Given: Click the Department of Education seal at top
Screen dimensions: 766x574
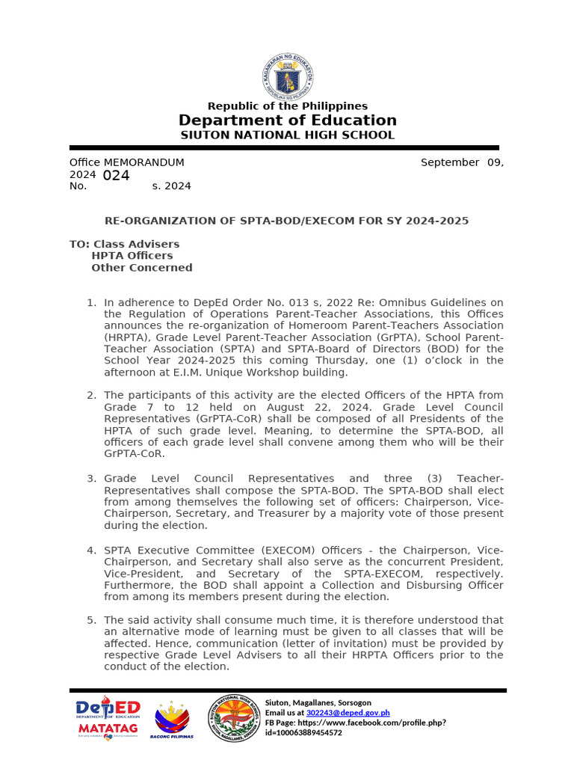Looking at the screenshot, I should [288, 75].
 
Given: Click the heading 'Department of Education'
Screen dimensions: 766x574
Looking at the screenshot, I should [287, 120].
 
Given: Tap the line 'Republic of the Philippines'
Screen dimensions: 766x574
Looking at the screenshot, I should [287, 106].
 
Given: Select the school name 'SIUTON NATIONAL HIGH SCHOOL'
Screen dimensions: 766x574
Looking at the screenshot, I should [287, 135].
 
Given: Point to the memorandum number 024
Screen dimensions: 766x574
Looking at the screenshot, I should [116, 176].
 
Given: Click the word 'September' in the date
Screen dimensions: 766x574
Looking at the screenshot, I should [449, 162].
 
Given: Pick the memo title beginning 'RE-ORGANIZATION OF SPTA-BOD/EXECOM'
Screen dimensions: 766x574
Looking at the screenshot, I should [286, 221].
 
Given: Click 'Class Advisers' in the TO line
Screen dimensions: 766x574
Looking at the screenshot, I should [136, 244].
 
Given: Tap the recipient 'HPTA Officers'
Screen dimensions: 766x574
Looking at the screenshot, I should [132, 256].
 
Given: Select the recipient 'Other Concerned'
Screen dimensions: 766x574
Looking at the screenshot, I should [141, 268].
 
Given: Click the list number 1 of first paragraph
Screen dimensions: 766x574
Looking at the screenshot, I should [91, 303].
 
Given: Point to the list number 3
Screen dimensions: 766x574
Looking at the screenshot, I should [91, 479].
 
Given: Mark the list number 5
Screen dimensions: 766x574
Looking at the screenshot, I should [91, 620].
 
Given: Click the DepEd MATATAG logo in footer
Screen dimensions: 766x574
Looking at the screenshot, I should [108, 717].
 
